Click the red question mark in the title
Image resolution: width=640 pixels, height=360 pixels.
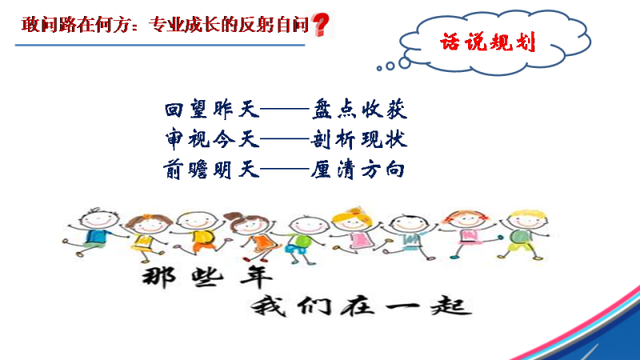pyautogui.click(x=321, y=25)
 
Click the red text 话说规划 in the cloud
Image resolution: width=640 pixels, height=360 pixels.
pyautogui.click(x=487, y=42)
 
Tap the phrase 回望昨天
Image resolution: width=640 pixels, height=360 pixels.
pyautogui.click(x=212, y=110)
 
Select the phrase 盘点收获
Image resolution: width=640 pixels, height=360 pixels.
pyautogui.click(x=359, y=110)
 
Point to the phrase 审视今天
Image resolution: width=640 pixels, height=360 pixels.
pyautogui.click(x=212, y=139)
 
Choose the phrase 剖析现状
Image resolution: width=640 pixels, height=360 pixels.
pyautogui.click(x=358, y=139)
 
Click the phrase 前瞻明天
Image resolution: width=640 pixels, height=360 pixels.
pyautogui.click(x=211, y=169)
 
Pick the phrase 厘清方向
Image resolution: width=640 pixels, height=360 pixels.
pyautogui.click(x=358, y=170)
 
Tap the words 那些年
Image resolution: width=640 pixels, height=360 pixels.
pyautogui.click(x=207, y=277)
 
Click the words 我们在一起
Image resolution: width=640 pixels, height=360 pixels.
pyautogui.click(x=362, y=306)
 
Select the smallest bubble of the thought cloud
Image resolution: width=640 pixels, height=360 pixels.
pyautogui.click(x=379, y=68)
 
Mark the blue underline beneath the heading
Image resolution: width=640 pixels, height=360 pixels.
pyautogui.click(x=160, y=45)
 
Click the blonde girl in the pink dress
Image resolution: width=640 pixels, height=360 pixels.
pyautogui.click(x=356, y=230)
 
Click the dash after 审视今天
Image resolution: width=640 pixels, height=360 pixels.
pyautogui.click(x=285, y=139)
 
